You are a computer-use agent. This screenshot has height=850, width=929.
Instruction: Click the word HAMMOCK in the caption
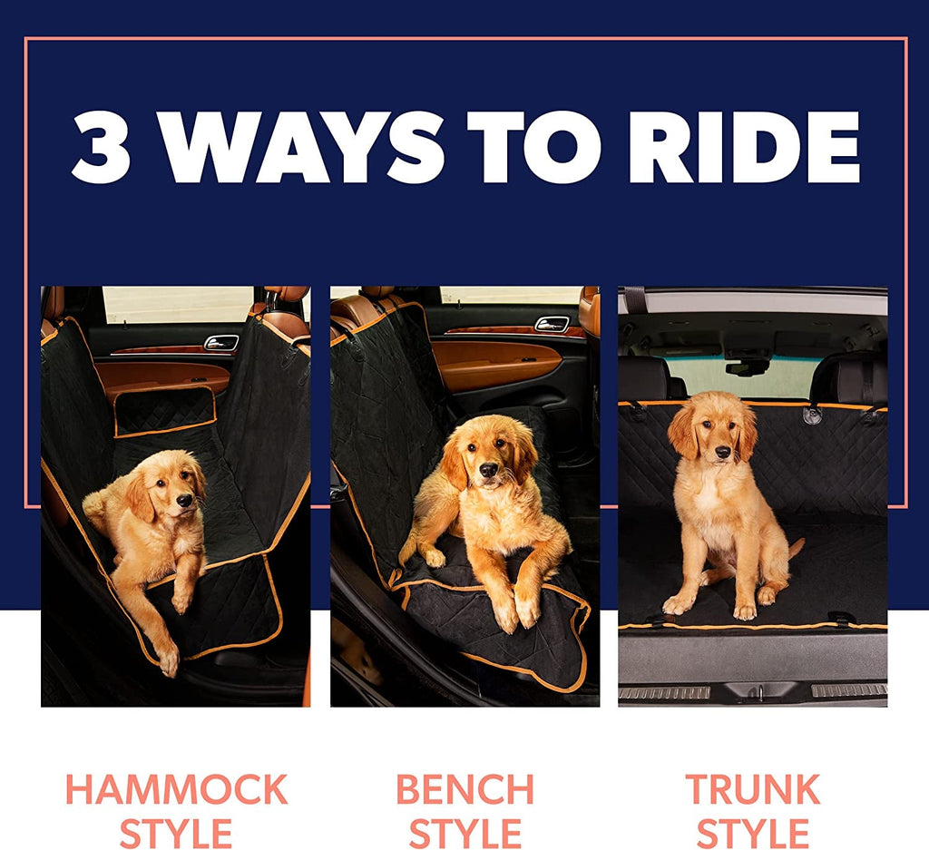click(x=176, y=790)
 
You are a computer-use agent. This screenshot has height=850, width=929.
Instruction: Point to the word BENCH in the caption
click(x=464, y=790)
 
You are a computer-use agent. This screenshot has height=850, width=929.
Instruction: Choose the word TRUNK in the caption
click(x=752, y=790)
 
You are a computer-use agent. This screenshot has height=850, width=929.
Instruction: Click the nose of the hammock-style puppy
click(x=184, y=500)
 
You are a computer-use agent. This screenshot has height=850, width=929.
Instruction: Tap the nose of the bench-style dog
click(x=487, y=470)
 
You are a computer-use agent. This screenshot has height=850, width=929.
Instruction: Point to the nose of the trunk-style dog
click(x=722, y=452)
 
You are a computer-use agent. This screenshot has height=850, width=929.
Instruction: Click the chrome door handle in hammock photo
click(x=221, y=342)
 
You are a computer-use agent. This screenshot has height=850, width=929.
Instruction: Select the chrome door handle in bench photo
click(x=552, y=324)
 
